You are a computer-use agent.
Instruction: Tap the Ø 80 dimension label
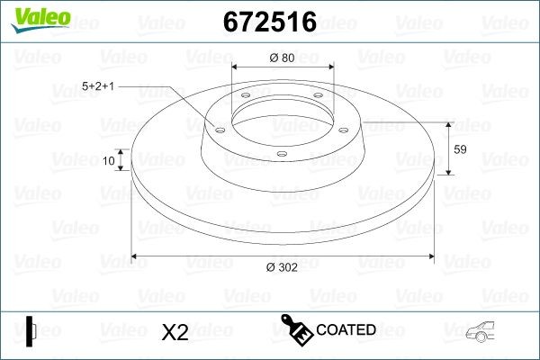(x=282, y=58)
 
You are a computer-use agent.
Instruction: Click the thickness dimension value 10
(x=109, y=161)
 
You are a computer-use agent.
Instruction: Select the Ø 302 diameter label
(x=282, y=266)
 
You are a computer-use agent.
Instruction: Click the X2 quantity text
(x=174, y=332)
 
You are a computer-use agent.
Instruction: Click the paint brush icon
(x=298, y=329)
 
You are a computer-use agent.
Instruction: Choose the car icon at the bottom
(x=485, y=331)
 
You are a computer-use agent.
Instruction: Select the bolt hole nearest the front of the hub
(x=282, y=154)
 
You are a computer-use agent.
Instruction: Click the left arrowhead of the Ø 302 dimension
(x=136, y=256)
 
